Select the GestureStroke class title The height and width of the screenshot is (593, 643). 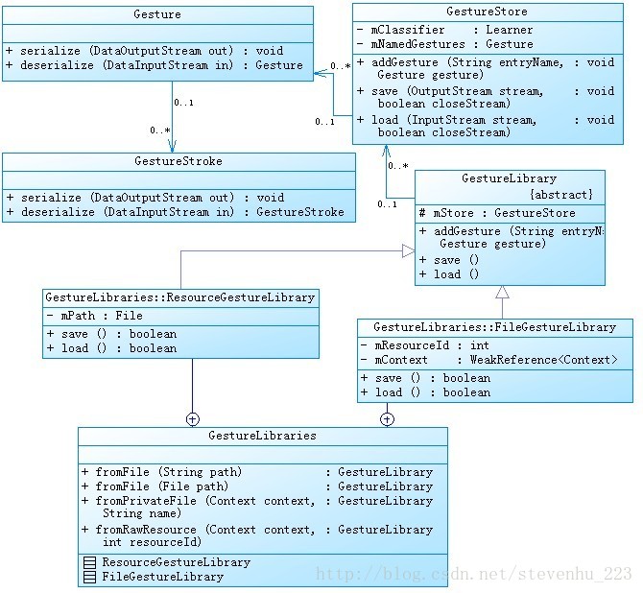point(178,161)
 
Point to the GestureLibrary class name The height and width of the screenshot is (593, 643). point(509,178)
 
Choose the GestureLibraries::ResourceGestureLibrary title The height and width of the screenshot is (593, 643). point(180,297)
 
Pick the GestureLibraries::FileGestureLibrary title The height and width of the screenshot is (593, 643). point(494,327)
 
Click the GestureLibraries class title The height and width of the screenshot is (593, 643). point(262,436)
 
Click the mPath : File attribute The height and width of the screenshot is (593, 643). point(94,315)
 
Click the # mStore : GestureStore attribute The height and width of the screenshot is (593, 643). point(496,213)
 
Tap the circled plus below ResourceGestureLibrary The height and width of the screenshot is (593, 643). point(193,418)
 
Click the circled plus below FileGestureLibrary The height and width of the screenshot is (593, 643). point(387,418)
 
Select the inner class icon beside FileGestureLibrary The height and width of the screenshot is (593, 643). point(90,577)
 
